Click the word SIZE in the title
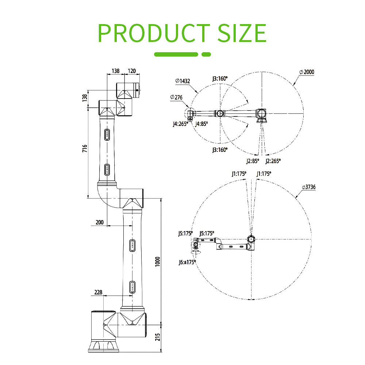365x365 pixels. [x=242, y=33]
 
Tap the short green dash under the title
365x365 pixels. [x=206, y=54]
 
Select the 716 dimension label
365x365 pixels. [x=85, y=149]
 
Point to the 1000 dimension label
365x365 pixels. [x=158, y=262]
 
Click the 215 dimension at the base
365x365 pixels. [x=158, y=337]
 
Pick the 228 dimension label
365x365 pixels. [x=98, y=292]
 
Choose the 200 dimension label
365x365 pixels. [x=100, y=222]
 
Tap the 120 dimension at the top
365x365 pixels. [x=132, y=71]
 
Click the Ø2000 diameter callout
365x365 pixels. [x=307, y=72]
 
